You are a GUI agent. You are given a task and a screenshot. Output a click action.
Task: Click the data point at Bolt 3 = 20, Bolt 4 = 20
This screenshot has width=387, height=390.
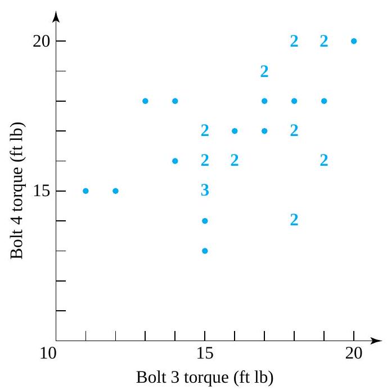coord(354,41)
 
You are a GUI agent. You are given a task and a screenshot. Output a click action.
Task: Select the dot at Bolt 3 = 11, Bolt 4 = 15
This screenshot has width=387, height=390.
coord(85,191)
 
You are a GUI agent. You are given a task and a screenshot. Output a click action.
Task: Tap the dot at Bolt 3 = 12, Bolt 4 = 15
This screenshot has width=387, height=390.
coord(115,191)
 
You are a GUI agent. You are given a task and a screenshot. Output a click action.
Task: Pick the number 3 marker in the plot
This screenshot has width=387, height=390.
coord(205,191)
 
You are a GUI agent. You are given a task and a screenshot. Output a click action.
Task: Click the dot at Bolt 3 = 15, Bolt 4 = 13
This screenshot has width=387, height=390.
coord(205,251)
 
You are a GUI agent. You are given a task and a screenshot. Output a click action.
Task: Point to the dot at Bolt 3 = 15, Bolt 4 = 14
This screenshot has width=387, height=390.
coord(205,221)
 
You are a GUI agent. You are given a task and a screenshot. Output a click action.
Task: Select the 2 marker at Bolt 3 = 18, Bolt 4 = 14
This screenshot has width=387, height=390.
coord(294,220)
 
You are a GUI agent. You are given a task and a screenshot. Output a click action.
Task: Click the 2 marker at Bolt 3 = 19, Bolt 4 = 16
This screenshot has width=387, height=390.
coord(324,161)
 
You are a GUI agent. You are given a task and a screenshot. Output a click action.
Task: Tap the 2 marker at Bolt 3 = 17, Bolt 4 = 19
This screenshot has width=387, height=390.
coord(264,71)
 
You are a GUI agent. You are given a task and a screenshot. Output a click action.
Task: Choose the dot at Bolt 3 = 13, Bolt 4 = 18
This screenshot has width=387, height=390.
coord(145,101)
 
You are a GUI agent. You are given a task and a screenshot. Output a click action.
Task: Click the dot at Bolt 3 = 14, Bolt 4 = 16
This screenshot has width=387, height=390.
coord(175,161)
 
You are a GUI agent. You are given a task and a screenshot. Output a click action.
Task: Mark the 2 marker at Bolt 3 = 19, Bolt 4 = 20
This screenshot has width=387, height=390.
coord(324,41)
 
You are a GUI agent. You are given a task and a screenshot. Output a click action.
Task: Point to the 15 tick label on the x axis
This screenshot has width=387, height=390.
coord(205,355)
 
